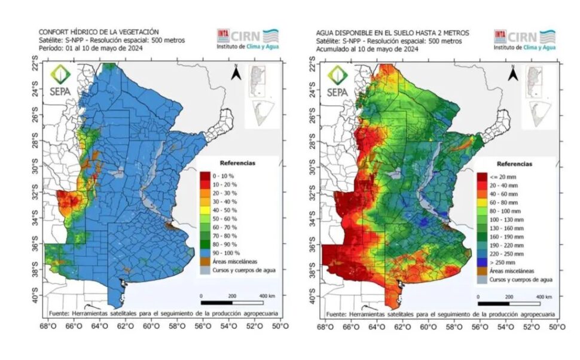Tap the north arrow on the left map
(x=236, y=73)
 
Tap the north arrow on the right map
(x=512, y=73)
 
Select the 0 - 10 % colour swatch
(x=204, y=175)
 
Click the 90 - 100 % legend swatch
(x=204, y=253)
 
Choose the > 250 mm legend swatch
(x=481, y=262)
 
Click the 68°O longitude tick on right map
(x=325, y=327)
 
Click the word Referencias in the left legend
(x=237, y=162)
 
